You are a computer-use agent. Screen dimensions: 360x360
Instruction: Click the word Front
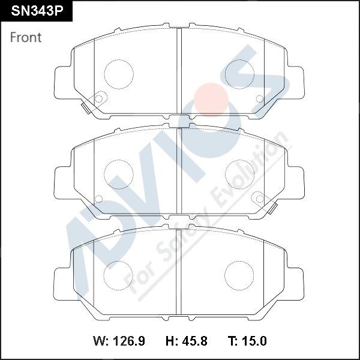click(26, 37)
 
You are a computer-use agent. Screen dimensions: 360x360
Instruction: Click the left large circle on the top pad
click(119, 73)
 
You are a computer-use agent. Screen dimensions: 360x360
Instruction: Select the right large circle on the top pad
click(239, 73)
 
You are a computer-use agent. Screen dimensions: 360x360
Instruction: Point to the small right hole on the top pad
click(259, 98)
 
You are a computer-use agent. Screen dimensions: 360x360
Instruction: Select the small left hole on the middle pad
click(99, 199)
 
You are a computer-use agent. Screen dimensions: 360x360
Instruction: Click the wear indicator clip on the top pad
click(84, 107)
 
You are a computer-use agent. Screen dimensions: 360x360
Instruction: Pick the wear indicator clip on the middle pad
click(275, 209)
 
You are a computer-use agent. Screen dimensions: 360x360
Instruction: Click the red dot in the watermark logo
click(211, 98)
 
